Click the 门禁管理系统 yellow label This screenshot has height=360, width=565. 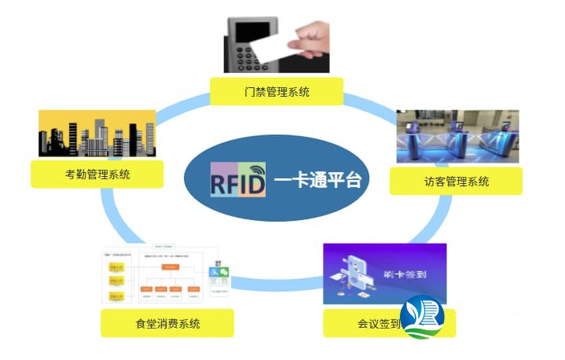click(x=276, y=92)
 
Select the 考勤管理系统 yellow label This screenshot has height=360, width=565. click(x=97, y=174)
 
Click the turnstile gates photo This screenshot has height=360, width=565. click(x=457, y=136)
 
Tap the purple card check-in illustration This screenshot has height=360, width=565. click(x=384, y=273)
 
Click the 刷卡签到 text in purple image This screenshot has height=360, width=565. click(x=413, y=275)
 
